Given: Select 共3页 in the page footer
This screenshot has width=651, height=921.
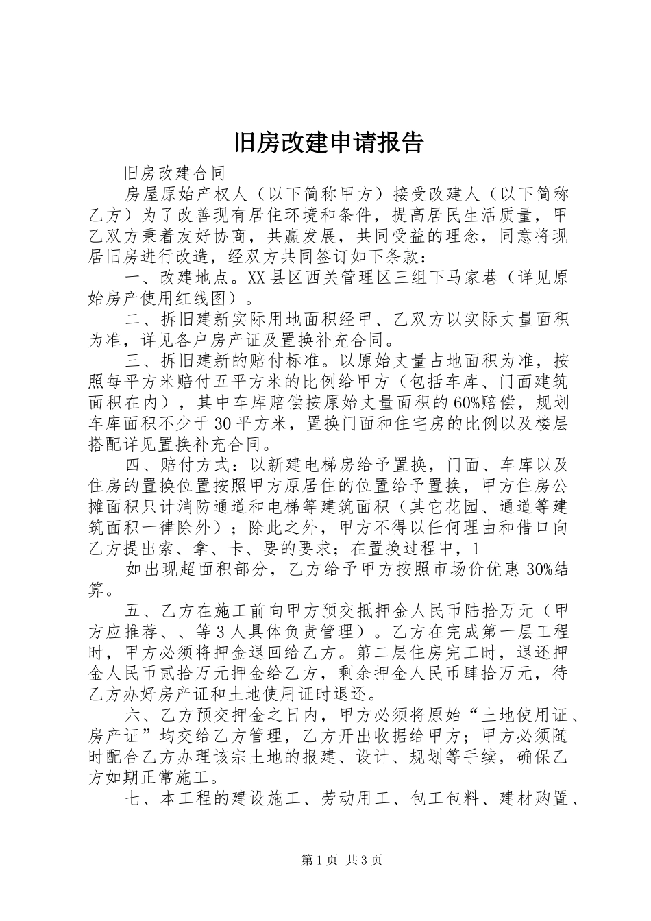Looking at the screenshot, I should [364, 860].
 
